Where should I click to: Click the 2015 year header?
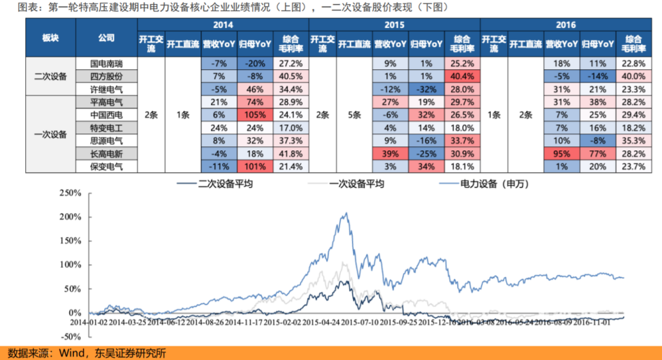(x=395, y=24)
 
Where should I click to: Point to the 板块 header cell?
(x=50, y=38)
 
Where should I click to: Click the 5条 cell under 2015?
(x=354, y=114)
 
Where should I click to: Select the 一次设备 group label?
(x=50, y=134)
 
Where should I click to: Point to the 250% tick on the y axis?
(x=70, y=193)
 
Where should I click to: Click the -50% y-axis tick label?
(x=71, y=336)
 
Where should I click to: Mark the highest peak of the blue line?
(x=346, y=213)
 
